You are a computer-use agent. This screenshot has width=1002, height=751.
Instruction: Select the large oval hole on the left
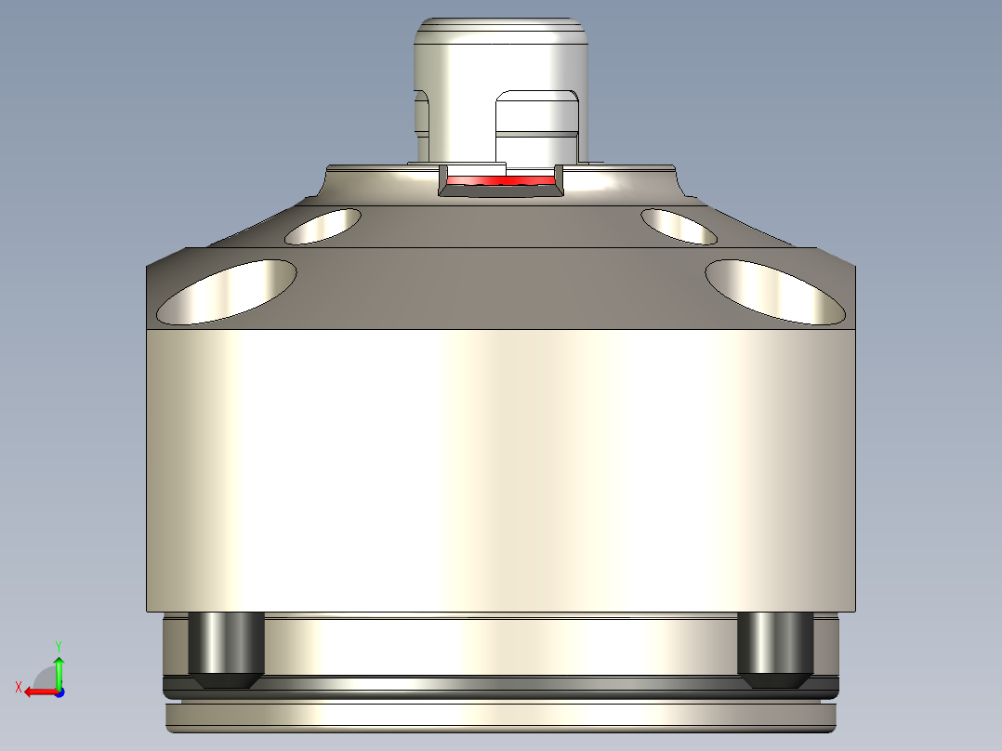point(228,292)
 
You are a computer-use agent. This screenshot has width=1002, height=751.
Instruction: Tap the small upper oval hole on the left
point(323,226)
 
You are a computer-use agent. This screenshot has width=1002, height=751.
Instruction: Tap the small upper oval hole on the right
point(679,226)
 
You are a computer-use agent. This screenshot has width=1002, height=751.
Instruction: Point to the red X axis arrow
point(37,692)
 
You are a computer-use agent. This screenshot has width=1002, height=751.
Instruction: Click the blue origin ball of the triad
point(59,692)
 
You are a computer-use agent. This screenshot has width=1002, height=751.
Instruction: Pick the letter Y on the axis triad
point(59,644)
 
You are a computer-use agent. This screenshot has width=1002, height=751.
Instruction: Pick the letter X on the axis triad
point(18,687)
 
